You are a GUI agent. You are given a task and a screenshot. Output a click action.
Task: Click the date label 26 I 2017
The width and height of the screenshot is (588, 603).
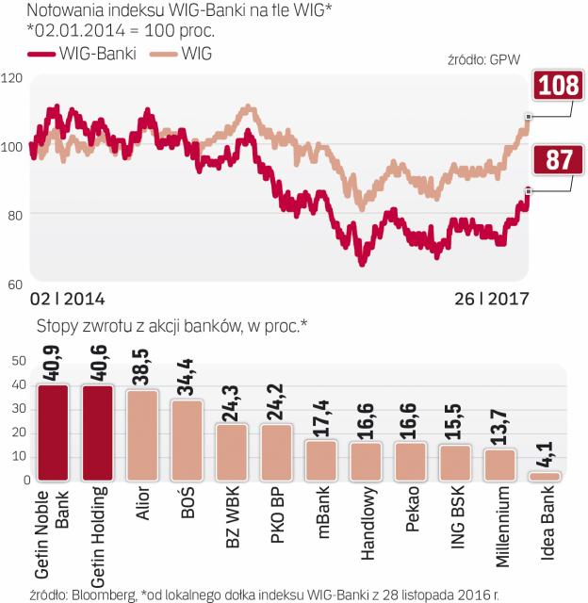click(490, 299)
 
